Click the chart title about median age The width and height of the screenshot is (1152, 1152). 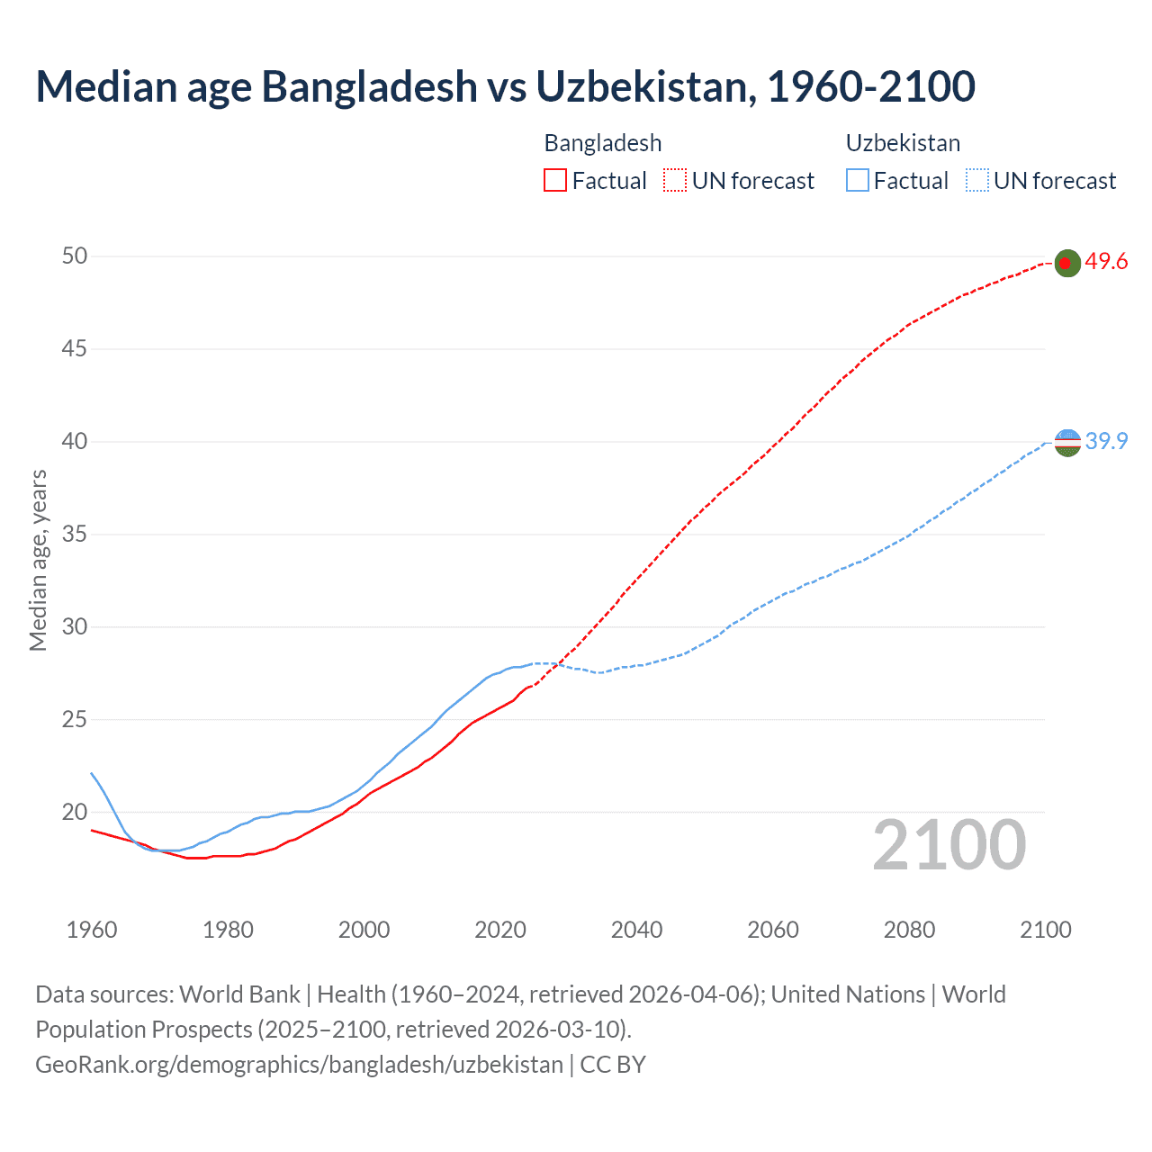505,86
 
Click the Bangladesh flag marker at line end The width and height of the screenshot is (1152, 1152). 1066,263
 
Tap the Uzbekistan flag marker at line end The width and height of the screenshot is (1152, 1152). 1066,442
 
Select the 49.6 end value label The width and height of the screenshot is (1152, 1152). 1106,262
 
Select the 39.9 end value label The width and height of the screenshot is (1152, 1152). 1106,441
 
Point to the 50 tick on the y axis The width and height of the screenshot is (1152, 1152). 75,256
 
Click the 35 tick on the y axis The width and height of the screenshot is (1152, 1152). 75,535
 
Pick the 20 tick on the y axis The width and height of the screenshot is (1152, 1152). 75,812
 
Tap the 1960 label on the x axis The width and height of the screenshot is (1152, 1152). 92,930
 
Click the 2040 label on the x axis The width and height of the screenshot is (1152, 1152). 636,930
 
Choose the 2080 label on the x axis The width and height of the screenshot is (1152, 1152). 909,930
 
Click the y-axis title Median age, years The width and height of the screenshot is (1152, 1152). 39,560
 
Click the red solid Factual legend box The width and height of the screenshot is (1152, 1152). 555,181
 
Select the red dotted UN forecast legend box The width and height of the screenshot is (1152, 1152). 675,181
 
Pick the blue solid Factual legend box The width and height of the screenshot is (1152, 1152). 858,181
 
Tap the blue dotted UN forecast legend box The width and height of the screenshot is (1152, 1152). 976,181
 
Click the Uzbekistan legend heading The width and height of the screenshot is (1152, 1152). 903,143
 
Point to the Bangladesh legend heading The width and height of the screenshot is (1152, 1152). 603,143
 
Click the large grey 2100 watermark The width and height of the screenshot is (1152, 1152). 949,845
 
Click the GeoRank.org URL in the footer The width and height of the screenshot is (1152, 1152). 299,1064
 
